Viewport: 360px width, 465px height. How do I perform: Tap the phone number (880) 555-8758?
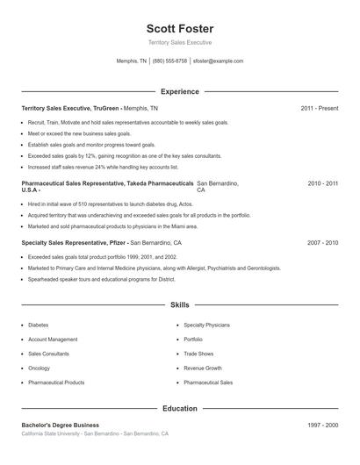coord(169,61)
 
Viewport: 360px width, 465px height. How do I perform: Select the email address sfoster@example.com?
coord(218,61)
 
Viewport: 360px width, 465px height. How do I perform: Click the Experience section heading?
coord(179,91)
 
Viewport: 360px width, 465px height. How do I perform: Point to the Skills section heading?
coord(179,305)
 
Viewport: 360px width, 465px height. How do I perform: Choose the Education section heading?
coord(179,408)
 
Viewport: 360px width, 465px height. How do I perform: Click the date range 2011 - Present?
coord(320,108)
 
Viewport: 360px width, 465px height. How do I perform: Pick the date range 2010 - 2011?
coord(322,183)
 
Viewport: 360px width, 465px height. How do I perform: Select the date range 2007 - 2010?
coord(322,242)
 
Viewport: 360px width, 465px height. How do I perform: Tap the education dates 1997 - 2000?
coord(322,426)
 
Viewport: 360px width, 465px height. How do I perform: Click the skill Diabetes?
coord(39,325)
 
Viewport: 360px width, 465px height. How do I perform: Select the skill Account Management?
coord(53,339)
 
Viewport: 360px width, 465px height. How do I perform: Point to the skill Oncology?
coord(39,368)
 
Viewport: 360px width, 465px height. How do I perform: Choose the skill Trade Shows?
coord(198,354)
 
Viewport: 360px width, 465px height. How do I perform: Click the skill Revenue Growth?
coord(202,368)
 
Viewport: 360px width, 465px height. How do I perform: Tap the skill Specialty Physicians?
coord(206,325)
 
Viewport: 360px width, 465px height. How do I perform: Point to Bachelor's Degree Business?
coord(61,426)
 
